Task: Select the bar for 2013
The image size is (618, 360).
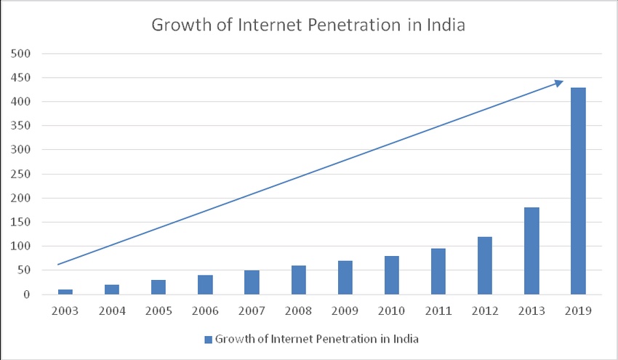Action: [531, 251]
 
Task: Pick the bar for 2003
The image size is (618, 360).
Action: [65, 292]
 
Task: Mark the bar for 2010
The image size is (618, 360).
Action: [391, 275]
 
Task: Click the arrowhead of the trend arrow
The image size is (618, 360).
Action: [558, 83]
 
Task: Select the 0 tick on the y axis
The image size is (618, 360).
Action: [25, 295]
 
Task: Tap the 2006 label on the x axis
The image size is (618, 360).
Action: [205, 312]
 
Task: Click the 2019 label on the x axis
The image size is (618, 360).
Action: [578, 312]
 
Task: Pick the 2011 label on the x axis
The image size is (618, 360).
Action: [438, 312]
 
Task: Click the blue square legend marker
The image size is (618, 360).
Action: [208, 339]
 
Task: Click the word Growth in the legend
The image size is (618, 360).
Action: [234, 339]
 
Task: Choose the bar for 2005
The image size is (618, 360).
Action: [158, 287]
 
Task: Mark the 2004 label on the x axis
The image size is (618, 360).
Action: [112, 312]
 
